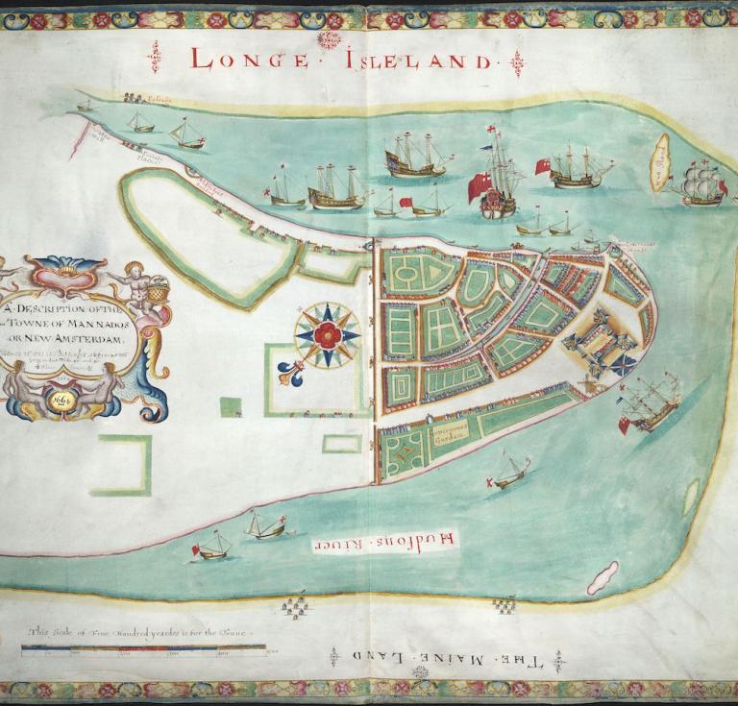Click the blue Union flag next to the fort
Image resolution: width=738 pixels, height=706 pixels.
coord(622,366)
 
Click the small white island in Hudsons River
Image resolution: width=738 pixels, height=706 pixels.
coord(603,577)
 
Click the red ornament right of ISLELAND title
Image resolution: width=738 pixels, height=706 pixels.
coord(518,63)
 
